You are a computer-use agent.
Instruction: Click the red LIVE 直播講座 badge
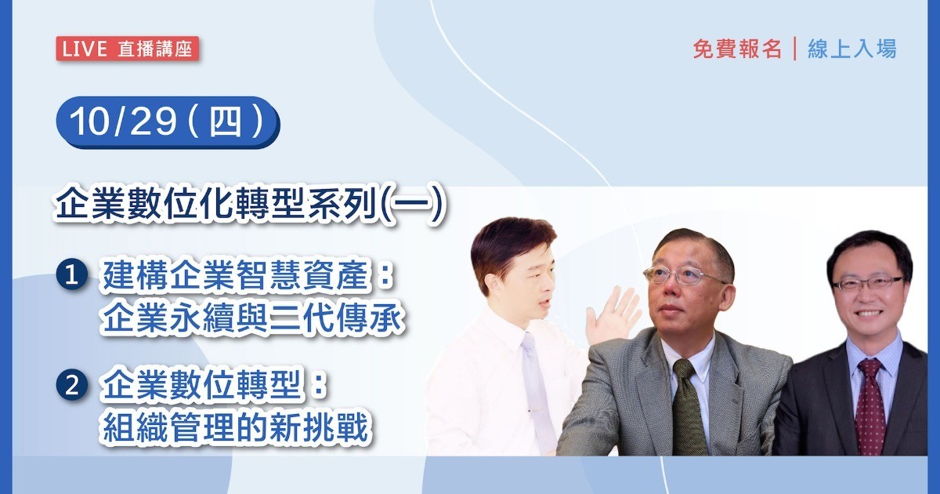click(127, 49)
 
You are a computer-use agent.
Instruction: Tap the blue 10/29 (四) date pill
click(168, 122)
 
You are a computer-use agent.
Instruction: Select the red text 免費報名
click(737, 49)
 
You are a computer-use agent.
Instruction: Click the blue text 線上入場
click(852, 49)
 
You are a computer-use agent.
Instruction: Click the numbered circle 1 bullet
click(72, 274)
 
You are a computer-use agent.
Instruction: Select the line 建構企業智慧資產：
click(248, 275)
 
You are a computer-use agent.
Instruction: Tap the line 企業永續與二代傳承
click(252, 319)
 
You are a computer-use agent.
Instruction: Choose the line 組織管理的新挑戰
click(236, 428)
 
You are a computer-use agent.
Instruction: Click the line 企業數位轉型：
click(213, 384)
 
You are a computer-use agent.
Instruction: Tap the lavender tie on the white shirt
click(537, 389)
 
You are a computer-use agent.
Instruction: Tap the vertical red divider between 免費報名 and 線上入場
click(795, 49)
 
